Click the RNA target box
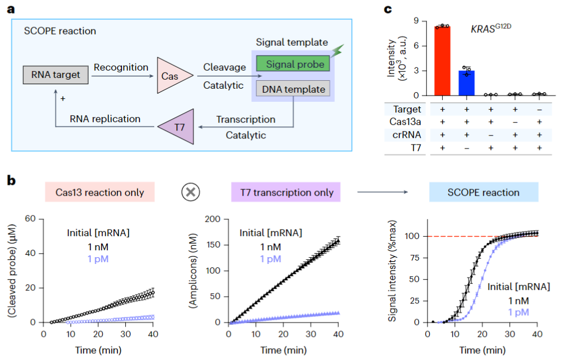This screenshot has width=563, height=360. (55, 74)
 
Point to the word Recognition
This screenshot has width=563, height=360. (121, 67)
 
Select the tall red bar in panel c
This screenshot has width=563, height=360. (442, 60)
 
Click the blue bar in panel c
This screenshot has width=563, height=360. (466, 83)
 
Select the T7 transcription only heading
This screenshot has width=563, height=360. (285, 192)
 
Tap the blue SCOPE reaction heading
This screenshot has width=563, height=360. (483, 192)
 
